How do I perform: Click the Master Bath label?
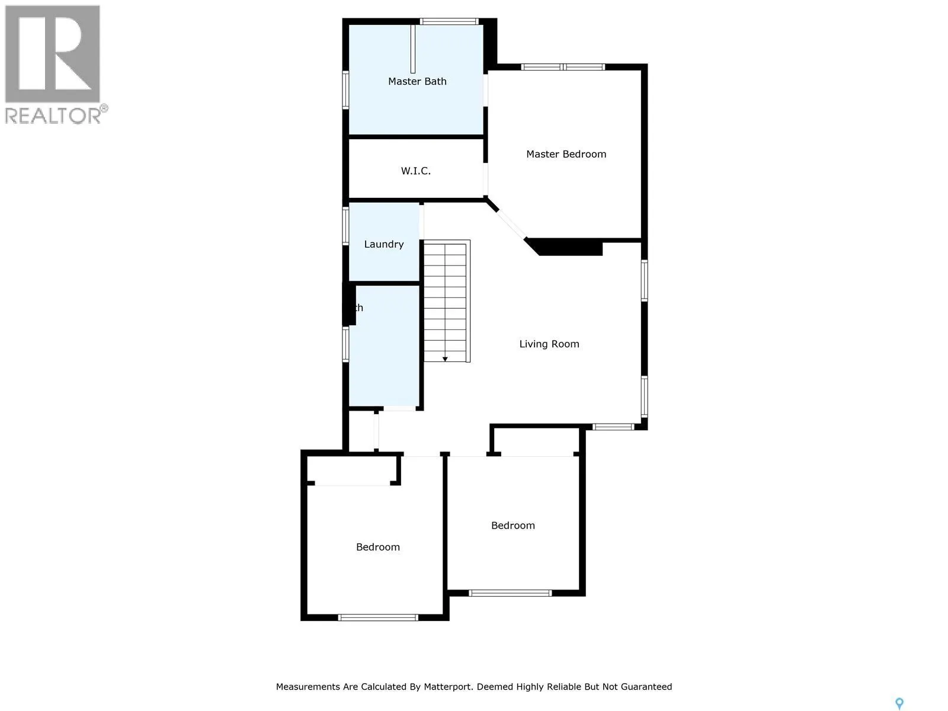[417, 81]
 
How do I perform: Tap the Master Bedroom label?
[566, 154]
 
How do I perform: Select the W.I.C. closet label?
[415, 171]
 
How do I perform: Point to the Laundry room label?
[383, 244]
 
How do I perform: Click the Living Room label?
[549, 344]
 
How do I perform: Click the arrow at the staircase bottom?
[445, 358]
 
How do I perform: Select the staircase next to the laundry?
[446, 300]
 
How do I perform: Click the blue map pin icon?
[899, 704]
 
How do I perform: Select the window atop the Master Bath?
[449, 22]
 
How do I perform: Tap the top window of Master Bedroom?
[563, 67]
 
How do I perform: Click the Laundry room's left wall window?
[346, 226]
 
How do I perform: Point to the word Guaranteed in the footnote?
[645, 687]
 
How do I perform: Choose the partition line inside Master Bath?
[413, 49]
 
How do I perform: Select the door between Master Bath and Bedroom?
[486, 90]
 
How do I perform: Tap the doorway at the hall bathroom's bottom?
[399, 408]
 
